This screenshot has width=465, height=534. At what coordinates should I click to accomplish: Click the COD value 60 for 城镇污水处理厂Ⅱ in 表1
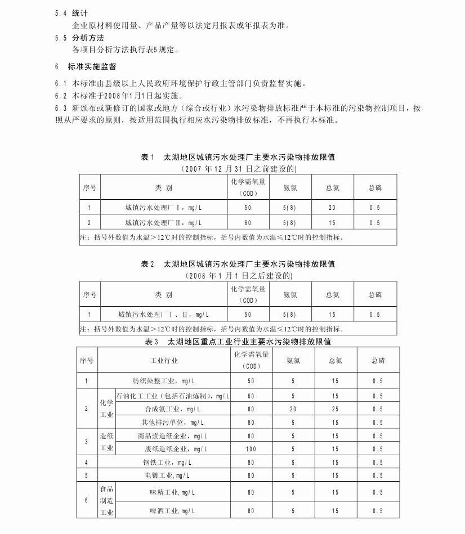pyautogui.click(x=248, y=223)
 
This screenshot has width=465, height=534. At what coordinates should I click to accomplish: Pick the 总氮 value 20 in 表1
pyautogui.click(x=332, y=208)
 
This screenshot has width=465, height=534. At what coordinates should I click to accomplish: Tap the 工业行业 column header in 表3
pyautogui.click(x=164, y=360)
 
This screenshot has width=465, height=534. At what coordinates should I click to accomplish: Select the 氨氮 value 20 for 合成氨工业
pyautogui.click(x=293, y=409)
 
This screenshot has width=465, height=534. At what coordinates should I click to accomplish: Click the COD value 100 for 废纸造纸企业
pyautogui.click(x=251, y=449)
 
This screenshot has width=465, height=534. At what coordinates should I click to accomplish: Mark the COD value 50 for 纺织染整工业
pyautogui.click(x=251, y=381)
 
